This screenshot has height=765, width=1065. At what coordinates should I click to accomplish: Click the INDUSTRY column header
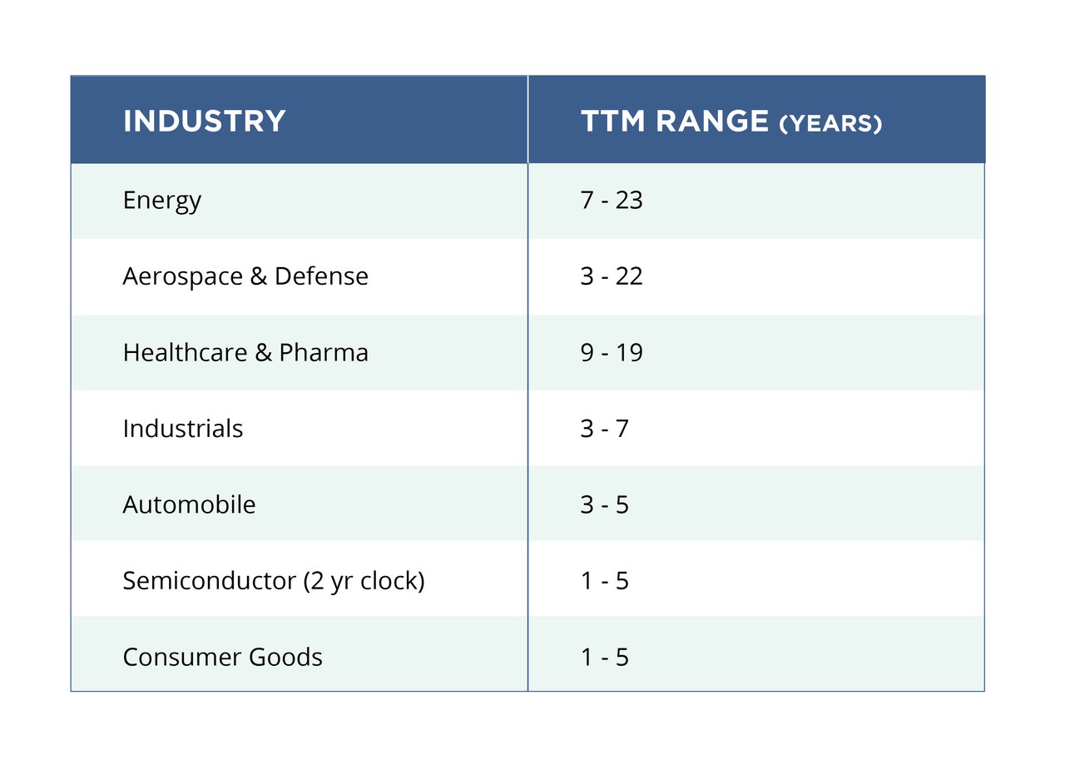coord(204,122)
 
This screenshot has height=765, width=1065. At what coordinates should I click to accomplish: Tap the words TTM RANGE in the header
coord(674,122)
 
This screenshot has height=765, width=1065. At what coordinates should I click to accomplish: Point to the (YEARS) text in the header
coord(830,124)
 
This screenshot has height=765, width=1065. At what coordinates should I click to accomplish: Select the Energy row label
coord(161,201)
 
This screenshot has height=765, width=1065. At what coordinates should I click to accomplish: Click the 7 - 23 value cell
coord(612,201)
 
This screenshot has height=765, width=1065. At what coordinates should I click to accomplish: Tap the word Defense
coord(321,276)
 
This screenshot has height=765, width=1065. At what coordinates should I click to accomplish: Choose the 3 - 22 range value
coord(612,276)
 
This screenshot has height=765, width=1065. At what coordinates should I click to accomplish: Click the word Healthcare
coord(185,352)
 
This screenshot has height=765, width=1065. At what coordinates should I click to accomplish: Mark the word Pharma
coord(324,352)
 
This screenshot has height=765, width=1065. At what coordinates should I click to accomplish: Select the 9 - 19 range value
coord(612,352)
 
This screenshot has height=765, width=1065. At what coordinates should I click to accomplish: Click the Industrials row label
coord(182,429)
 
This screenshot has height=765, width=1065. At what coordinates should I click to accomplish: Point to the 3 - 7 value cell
coord(604,429)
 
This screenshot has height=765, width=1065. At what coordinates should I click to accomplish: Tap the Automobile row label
coord(189,504)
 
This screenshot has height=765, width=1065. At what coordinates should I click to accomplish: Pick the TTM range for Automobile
coord(604,504)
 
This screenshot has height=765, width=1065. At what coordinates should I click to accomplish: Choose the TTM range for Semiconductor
coord(604,580)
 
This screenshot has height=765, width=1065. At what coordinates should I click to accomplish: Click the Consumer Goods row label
coord(222,657)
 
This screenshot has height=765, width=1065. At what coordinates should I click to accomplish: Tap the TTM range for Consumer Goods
coord(604,657)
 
